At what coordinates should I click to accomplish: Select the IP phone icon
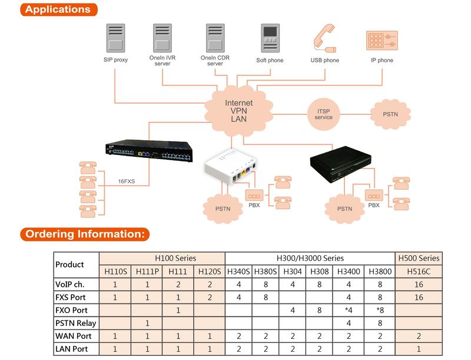[x=381, y=40]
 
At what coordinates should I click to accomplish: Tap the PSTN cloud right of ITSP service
[x=390, y=113]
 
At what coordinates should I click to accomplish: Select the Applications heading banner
[x=58, y=9]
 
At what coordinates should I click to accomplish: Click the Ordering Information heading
[x=86, y=233]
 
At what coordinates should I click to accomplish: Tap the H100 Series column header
[x=162, y=258]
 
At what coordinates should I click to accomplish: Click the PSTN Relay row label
[x=75, y=323]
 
